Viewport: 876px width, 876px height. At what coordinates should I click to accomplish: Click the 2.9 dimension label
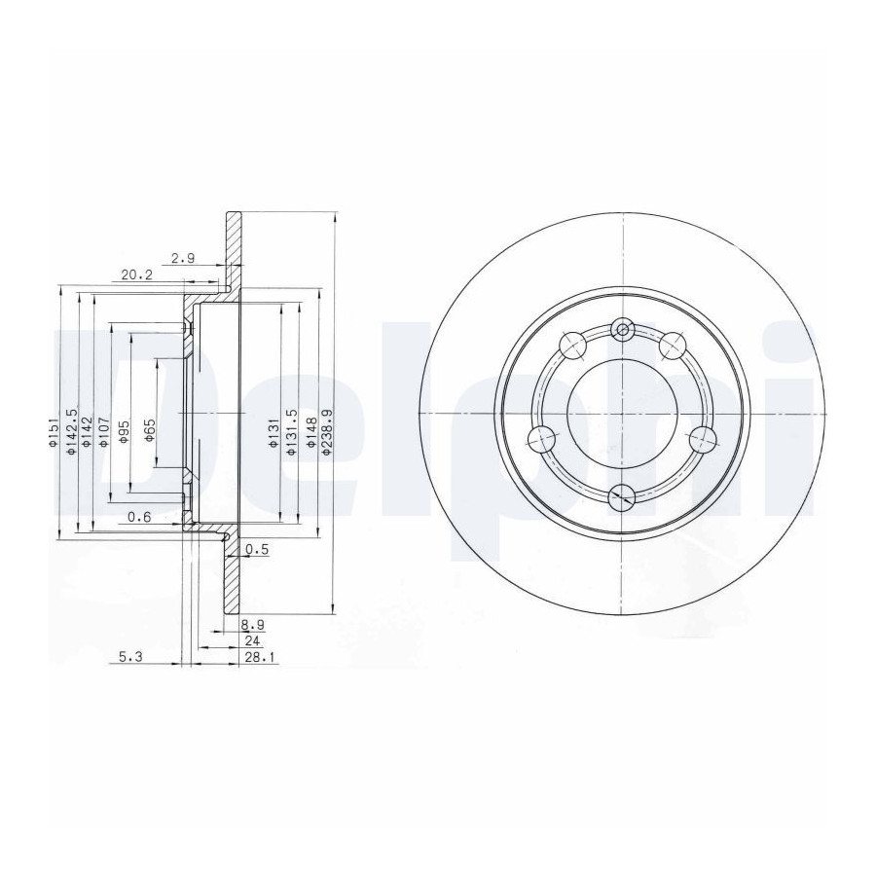coord(183,258)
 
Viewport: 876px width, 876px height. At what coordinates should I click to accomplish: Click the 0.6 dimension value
coord(139,517)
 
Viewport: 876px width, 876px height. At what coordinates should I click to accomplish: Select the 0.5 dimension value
coord(257,550)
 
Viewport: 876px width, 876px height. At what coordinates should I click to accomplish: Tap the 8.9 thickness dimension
coord(252,624)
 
